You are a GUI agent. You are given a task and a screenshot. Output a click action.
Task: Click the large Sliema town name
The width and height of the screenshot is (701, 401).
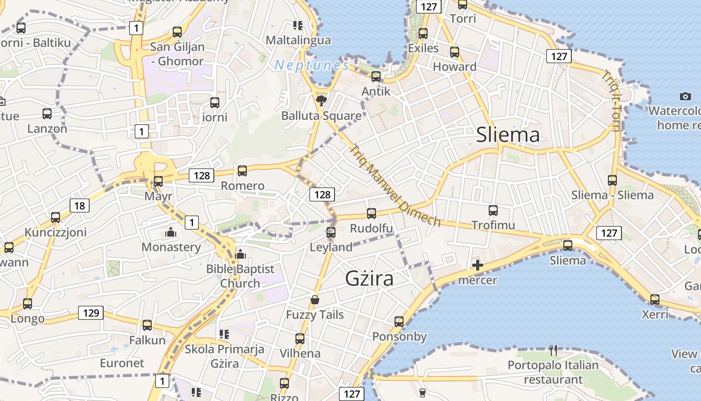[x=508, y=135]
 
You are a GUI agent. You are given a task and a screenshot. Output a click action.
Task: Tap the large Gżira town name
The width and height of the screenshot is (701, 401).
[x=370, y=279]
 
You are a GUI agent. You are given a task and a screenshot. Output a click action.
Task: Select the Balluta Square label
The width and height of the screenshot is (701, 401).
[x=321, y=116]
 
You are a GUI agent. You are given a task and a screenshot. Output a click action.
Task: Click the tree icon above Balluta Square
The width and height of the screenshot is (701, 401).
[x=321, y=101]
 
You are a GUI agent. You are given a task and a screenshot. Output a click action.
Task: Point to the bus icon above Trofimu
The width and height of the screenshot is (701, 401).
[x=493, y=211]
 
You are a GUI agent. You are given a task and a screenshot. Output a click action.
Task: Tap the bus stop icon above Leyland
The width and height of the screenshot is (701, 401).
[x=330, y=233]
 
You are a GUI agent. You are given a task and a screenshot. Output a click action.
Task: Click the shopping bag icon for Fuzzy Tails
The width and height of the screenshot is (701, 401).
[x=315, y=300]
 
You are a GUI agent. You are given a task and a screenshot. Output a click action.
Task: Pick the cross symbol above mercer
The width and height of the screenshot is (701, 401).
[x=478, y=265]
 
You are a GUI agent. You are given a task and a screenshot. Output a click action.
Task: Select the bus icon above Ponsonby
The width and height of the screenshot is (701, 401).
[x=399, y=321]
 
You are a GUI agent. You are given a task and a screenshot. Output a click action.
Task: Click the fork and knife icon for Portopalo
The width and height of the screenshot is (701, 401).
[x=553, y=350]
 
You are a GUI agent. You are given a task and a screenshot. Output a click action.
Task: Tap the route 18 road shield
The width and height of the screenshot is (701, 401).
[x=79, y=206]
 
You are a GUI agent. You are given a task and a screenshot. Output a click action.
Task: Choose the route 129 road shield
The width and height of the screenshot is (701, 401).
[x=91, y=313]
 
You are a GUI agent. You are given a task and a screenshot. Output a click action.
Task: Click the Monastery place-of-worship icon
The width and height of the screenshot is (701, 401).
[x=171, y=233]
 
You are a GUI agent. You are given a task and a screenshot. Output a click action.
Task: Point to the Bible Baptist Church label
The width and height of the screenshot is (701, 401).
[x=240, y=276]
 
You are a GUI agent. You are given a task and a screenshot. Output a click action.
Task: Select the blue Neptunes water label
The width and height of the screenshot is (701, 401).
[x=311, y=65]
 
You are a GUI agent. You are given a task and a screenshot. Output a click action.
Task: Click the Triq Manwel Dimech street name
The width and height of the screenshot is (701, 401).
[x=395, y=186]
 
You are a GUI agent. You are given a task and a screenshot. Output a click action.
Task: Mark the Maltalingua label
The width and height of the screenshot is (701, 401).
[x=298, y=40]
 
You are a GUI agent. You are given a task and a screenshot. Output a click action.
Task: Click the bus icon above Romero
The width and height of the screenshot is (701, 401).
[x=242, y=171]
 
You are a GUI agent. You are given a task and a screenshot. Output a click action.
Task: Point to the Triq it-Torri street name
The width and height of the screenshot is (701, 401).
[x=611, y=100]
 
